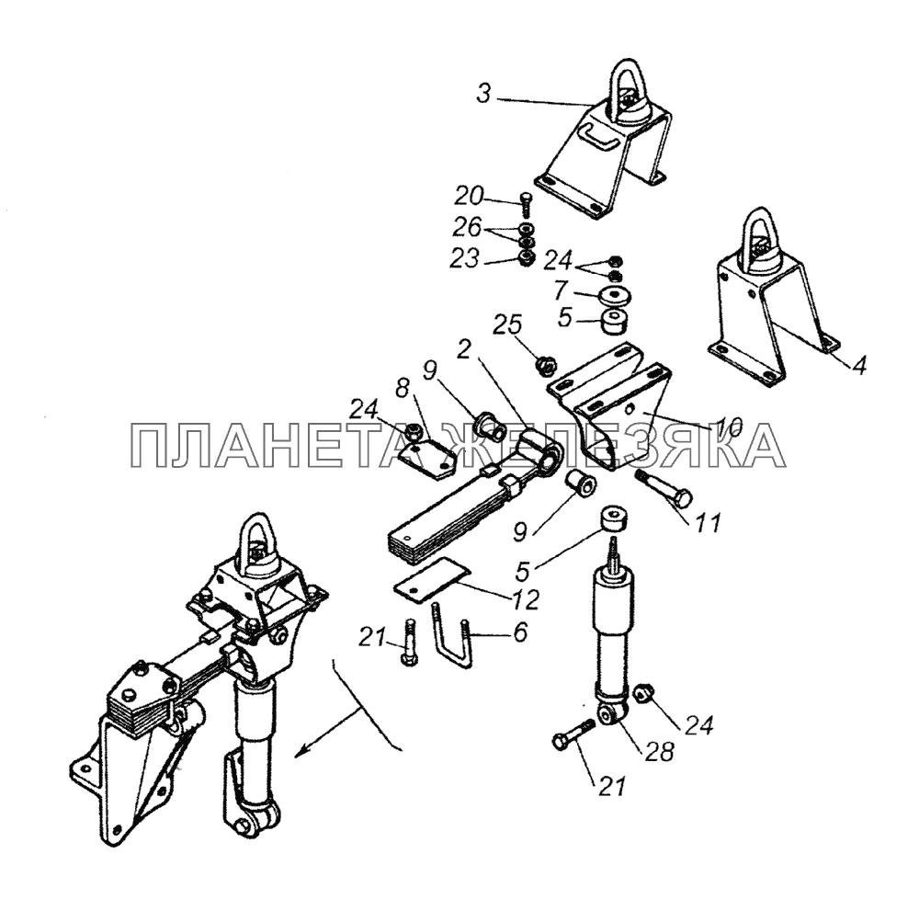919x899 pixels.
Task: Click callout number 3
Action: tap(483, 94)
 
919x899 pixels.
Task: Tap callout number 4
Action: tap(859, 366)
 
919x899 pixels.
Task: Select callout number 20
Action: tap(470, 197)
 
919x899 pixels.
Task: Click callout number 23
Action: tap(464, 258)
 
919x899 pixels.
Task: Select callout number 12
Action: tap(525, 598)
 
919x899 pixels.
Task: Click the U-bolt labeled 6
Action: tap(453, 636)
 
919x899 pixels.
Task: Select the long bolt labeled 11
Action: tap(663, 487)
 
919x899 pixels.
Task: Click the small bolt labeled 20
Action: tap(525, 205)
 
